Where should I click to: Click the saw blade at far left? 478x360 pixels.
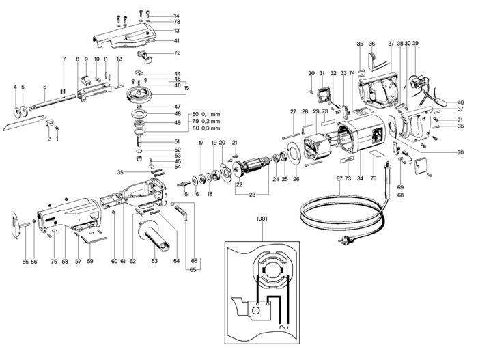click(x=24, y=123)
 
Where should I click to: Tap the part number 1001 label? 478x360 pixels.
click(x=262, y=219)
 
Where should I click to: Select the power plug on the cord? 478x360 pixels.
click(x=343, y=241)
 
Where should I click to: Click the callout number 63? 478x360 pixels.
click(x=154, y=261)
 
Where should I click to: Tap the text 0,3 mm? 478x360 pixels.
click(x=210, y=128)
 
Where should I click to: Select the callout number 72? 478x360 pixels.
click(x=177, y=53)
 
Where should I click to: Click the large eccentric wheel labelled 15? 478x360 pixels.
click(x=139, y=95)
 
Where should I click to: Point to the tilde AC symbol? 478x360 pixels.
click(x=283, y=327)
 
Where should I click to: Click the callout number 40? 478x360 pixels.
click(x=460, y=102)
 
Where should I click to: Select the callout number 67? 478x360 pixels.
click(x=339, y=179)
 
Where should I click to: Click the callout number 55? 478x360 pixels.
click(x=25, y=262)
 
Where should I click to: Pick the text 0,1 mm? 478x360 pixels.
click(x=210, y=114)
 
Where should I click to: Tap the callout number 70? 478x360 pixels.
click(x=460, y=152)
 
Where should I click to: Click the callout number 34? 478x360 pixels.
click(x=361, y=179)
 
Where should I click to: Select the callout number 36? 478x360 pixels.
click(x=371, y=44)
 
